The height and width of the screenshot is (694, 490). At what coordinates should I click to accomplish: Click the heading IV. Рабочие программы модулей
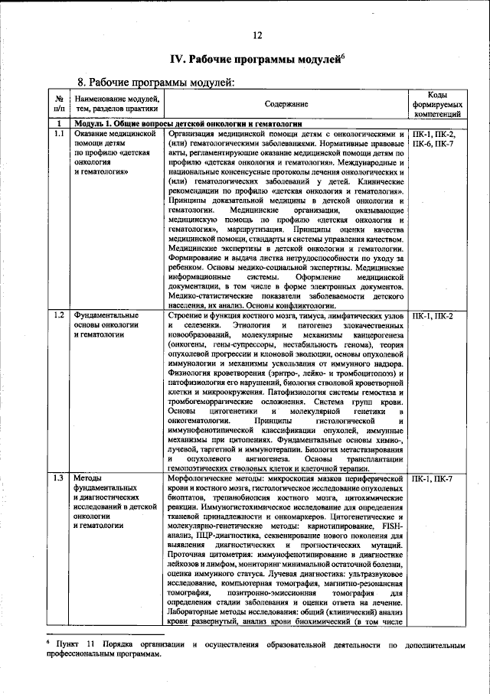(256, 59)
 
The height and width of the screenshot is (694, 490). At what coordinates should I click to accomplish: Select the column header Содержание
(286, 103)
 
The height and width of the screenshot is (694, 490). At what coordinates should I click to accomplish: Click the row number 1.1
(59, 133)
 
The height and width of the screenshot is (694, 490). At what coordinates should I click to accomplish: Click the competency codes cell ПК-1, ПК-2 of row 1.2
(433, 315)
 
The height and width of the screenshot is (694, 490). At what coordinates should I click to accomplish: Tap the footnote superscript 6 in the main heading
(342, 54)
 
